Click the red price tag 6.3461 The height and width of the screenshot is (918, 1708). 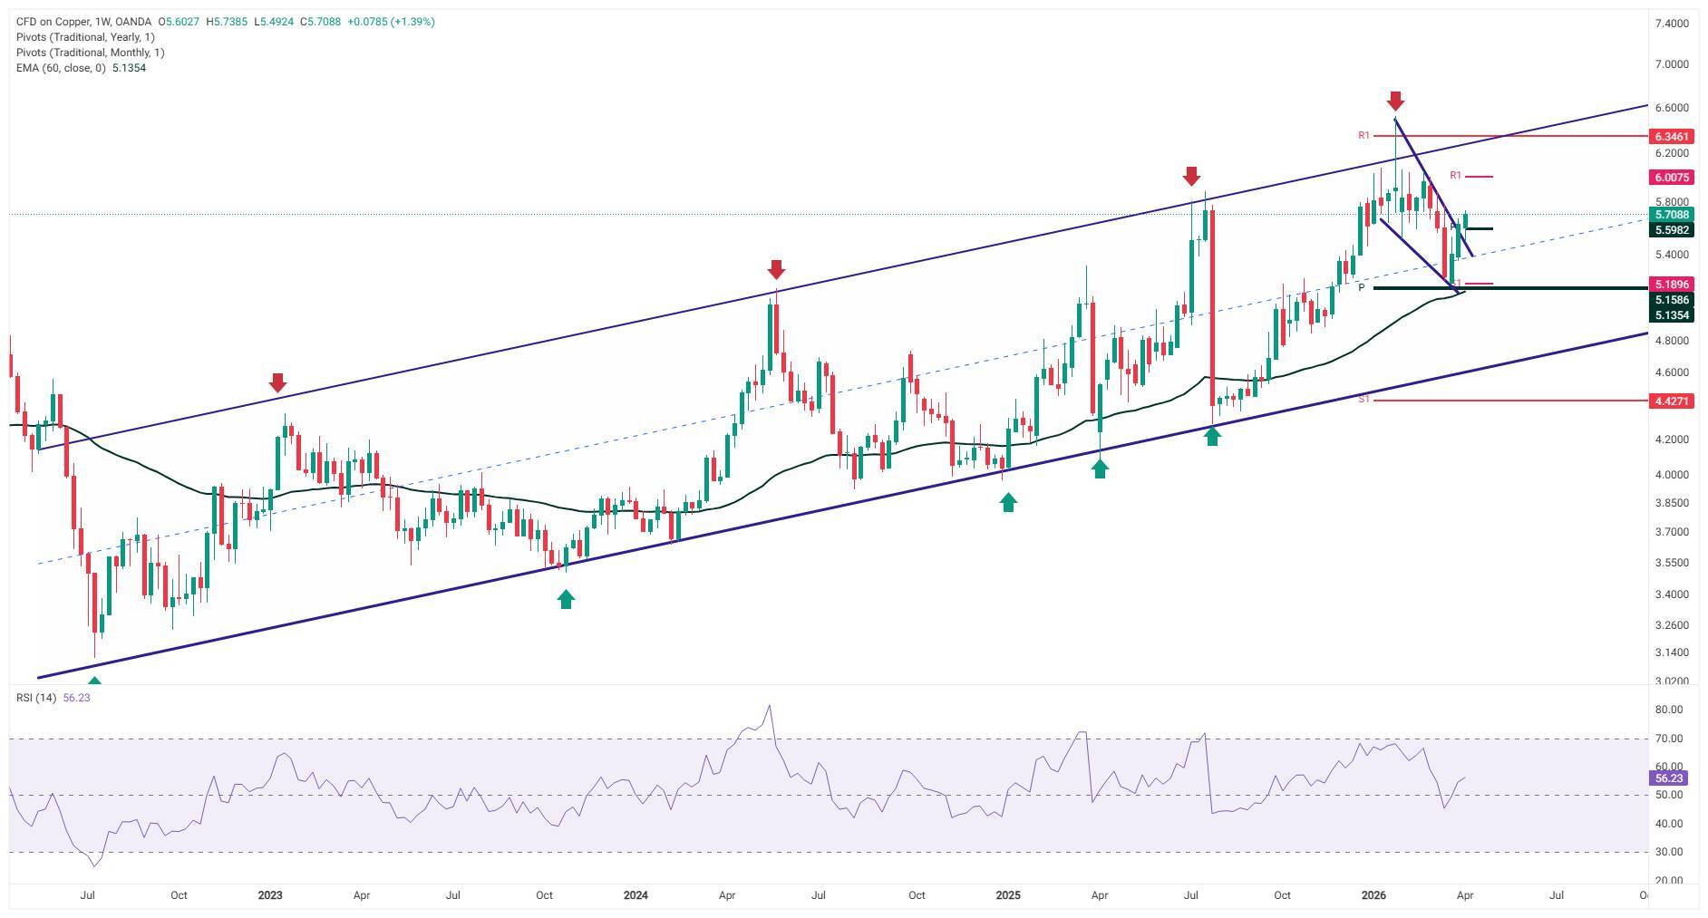point(1671,137)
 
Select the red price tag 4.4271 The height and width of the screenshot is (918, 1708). point(1671,401)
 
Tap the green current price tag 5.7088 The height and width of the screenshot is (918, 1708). point(1671,215)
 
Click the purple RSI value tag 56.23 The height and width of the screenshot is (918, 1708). point(1668,778)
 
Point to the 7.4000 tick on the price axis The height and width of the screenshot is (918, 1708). point(1672,23)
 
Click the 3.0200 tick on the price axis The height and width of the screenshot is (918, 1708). point(1672,681)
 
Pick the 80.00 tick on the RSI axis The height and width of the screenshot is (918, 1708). point(1668,710)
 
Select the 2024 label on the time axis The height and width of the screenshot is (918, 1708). point(636,895)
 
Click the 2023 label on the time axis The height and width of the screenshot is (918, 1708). point(269,895)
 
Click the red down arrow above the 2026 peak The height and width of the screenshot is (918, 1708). point(1395,101)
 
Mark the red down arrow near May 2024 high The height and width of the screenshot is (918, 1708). point(776,269)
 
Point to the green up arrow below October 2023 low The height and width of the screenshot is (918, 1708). point(566,599)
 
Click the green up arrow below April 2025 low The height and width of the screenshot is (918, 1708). point(1100,469)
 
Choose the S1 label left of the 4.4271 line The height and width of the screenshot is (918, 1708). point(1363,399)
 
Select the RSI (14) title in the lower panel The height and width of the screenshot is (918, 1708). point(36,698)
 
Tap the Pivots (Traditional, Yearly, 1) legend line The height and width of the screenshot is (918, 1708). point(85,37)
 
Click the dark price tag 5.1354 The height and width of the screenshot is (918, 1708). point(1671,315)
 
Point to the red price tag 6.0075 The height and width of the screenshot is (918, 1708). point(1671,178)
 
